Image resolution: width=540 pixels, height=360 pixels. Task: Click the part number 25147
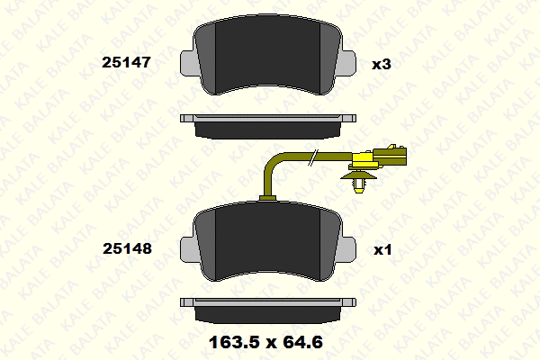(x=126, y=62)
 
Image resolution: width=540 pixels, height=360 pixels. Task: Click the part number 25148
(x=127, y=248)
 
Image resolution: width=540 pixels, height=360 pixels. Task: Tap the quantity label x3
(x=382, y=64)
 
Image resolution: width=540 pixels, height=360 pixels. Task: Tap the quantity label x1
(x=382, y=250)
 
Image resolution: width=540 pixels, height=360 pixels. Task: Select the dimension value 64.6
(x=302, y=342)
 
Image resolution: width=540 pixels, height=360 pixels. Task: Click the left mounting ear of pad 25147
(x=189, y=63)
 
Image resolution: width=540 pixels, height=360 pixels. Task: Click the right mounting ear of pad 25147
(x=346, y=63)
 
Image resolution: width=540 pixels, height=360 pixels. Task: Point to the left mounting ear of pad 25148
(x=189, y=249)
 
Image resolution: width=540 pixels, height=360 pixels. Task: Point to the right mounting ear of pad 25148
(x=346, y=249)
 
